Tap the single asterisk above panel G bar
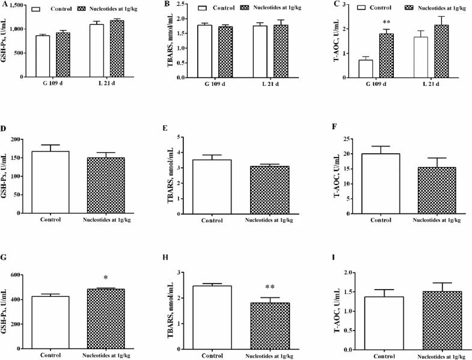[x=105, y=278]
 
